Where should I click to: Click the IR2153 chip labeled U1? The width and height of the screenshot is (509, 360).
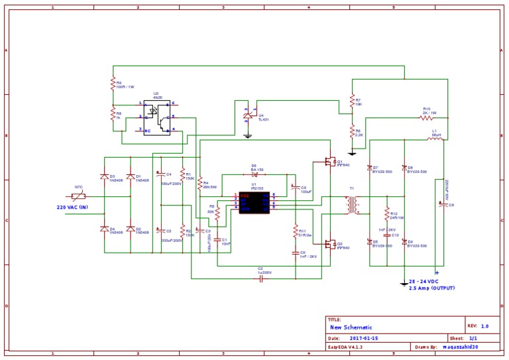pos(254,202)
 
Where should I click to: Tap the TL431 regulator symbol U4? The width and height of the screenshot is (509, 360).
pos(248,116)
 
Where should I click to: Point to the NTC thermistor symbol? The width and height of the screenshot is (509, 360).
pos(78,196)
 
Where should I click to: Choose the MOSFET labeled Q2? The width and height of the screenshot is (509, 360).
pos(329,244)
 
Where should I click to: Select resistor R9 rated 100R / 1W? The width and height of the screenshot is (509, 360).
pos(113,84)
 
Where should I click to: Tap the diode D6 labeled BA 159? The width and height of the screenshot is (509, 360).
pos(254,175)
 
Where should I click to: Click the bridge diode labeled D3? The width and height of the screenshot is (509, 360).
pos(103,177)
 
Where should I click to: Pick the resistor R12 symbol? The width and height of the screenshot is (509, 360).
pos(386,215)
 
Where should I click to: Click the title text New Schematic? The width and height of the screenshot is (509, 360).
pos(351,328)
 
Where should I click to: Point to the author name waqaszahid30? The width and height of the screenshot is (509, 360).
pos(458,347)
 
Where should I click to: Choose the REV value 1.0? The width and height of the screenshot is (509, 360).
pos(484,326)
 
